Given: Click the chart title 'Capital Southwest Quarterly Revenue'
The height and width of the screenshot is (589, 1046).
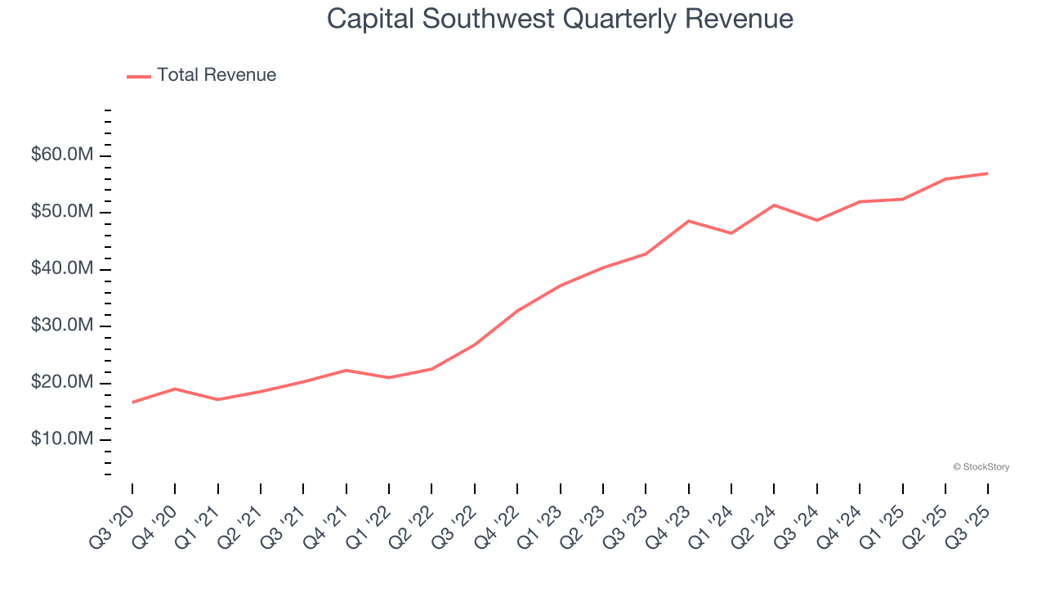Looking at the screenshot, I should pos(560,18).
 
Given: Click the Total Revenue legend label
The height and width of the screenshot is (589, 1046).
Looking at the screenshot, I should pos(217,75).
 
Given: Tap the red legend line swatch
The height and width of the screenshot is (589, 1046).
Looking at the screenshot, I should pos(139,76).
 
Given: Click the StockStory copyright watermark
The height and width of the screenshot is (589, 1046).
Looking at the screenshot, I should pos(981,467).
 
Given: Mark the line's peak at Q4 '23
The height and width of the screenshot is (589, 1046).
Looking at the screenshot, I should pos(689,221).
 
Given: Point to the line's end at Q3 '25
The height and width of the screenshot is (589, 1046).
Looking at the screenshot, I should pos(988,173).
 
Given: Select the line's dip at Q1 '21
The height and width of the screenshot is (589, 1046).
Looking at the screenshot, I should pos(217,399).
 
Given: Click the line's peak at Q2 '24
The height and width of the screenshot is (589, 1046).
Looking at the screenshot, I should pos(774,205).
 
